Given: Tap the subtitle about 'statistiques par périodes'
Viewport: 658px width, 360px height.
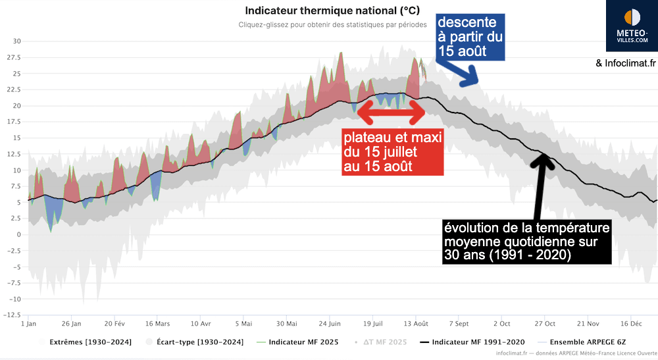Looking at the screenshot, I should point(332,25).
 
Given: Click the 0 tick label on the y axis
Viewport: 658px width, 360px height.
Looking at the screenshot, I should point(19,234).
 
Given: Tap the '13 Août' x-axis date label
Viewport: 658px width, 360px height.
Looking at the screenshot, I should point(417,324).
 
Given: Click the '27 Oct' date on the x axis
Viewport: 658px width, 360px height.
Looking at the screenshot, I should point(545,324).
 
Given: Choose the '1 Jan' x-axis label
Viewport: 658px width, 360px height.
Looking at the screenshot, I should point(28,324).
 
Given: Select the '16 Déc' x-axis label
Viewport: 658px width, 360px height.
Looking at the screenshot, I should point(631,324).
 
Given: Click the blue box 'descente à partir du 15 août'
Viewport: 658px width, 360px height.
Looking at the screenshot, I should point(470,36).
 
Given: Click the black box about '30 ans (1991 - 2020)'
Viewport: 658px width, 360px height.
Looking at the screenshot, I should point(526,242).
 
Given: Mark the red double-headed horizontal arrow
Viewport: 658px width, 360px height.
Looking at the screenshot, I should point(392,115).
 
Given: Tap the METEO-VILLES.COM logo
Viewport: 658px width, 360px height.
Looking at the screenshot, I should point(631,27).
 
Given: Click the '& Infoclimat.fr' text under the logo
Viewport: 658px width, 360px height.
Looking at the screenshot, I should point(626,64).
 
